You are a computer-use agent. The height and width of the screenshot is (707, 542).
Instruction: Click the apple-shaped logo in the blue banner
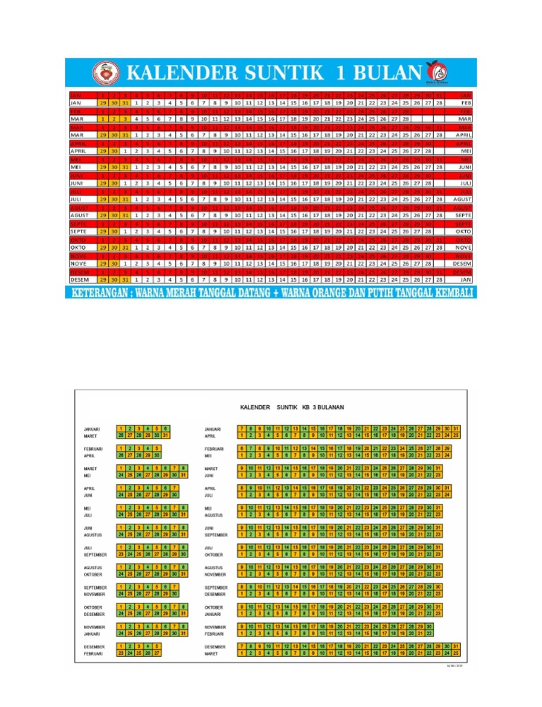click(435, 70)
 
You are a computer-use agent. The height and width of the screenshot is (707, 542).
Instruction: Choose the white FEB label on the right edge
click(463, 102)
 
